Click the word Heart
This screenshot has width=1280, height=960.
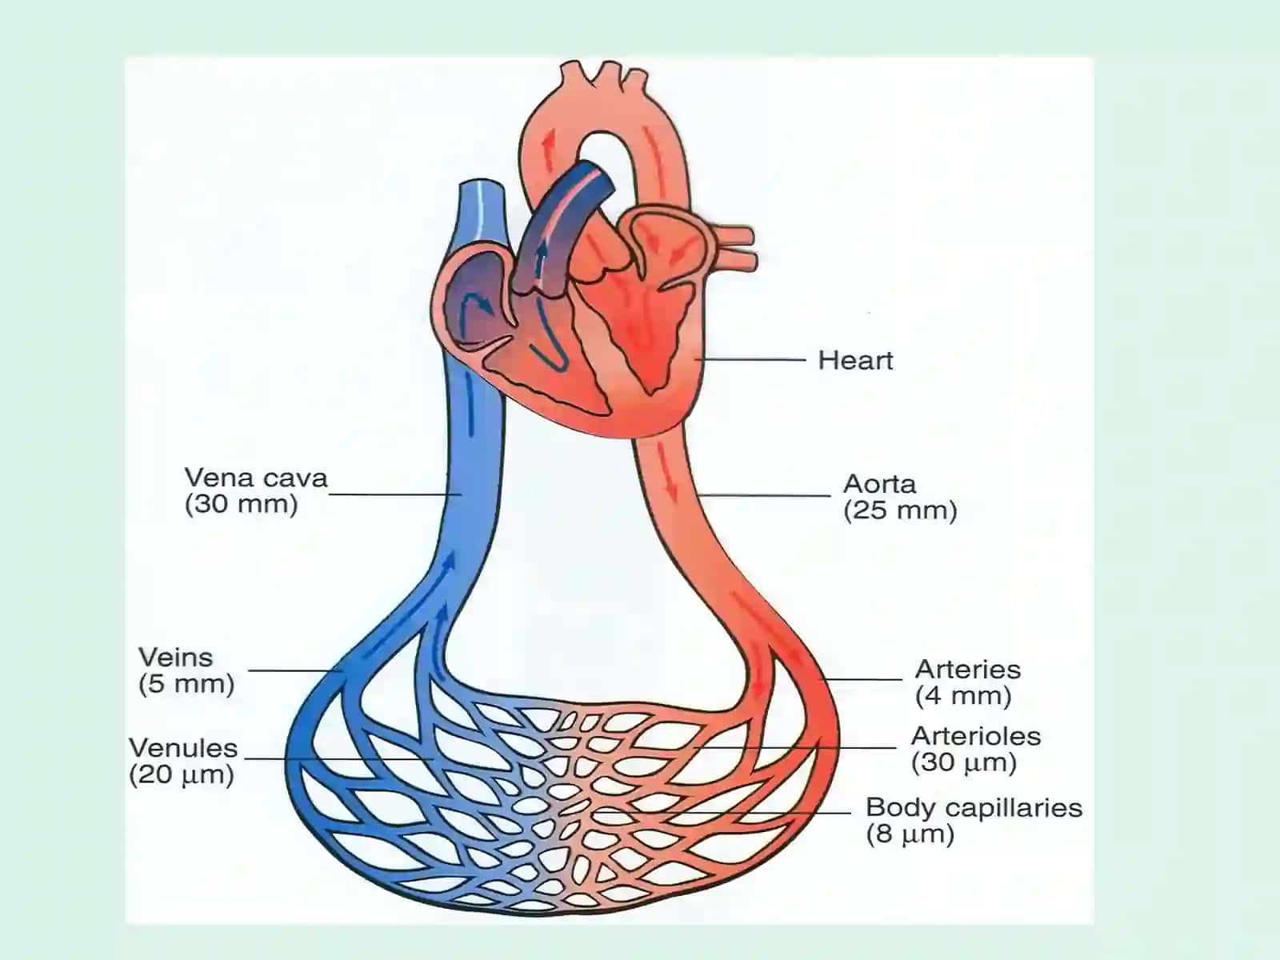(x=855, y=360)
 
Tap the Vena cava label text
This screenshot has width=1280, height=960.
(x=256, y=478)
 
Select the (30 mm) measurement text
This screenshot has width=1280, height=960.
(x=242, y=504)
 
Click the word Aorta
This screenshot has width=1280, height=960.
(x=880, y=484)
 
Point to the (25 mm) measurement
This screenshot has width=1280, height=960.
(x=900, y=510)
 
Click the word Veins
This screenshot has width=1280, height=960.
(x=175, y=658)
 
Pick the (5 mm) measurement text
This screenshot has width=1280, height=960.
(x=186, y=684)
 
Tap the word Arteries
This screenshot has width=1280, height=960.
(x=968, y=669)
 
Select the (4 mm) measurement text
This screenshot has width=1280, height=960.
(x=963, y=696)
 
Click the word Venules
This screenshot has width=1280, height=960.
(x=183, y=748)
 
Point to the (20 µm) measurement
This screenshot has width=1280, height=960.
(x=182, y=775)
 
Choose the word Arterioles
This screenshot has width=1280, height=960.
(x=976, y=736)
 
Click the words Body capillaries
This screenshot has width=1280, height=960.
(x=974, y=808)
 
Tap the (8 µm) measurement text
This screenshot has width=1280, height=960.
(x=910, y=834)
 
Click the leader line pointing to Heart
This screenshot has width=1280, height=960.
(x=750, y=360)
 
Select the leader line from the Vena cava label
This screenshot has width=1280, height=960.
(x=396, y=495)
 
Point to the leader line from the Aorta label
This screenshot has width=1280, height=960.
(x=764, y=495)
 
